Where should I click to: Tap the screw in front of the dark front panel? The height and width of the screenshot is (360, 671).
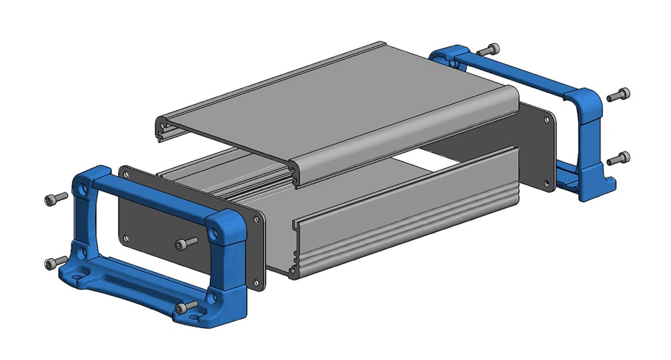pos(188,243)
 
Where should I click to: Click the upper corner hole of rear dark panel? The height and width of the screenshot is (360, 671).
pos(547,119)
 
